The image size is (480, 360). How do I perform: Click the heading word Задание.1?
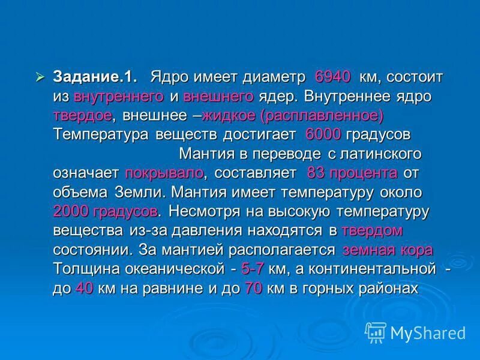(95, 78)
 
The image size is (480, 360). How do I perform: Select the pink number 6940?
(332, 78)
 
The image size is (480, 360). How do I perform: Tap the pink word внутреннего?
(119, 97)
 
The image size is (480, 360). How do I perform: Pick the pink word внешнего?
(218, 97)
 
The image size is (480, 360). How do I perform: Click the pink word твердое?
(82, 115)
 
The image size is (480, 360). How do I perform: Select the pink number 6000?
(323, 134)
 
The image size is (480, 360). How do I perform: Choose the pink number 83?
(316, 173)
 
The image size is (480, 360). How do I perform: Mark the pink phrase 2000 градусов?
(106, 211)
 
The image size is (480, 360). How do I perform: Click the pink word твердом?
(371, 230)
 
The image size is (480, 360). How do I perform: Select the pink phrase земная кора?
(388, 250)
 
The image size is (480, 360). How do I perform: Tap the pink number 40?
(83, 288)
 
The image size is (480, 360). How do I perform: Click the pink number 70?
(253, 288)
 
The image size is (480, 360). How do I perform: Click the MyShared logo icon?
(376, 332)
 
